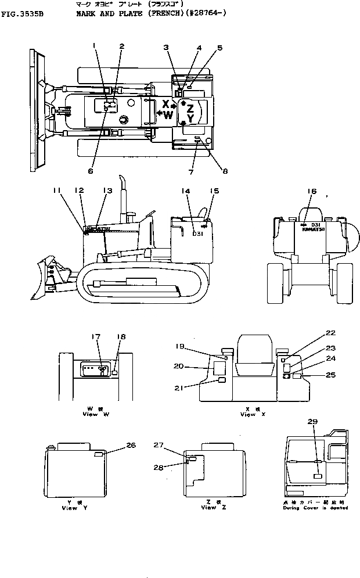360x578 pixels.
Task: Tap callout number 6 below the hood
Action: [x=90, y=171]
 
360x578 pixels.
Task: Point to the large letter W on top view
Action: [x=168, y=115]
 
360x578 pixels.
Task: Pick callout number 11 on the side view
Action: [x=56, y=190]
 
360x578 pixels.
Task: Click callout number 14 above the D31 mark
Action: [x=185, y=190]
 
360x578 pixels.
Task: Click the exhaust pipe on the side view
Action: [x=123, y=198]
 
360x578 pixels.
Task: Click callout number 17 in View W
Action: [x=97, y=336]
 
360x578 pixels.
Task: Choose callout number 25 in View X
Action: [x=330, y=375]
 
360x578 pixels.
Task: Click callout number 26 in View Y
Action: [x=131, y=445]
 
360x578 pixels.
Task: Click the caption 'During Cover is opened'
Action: [x=316, y=507]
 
